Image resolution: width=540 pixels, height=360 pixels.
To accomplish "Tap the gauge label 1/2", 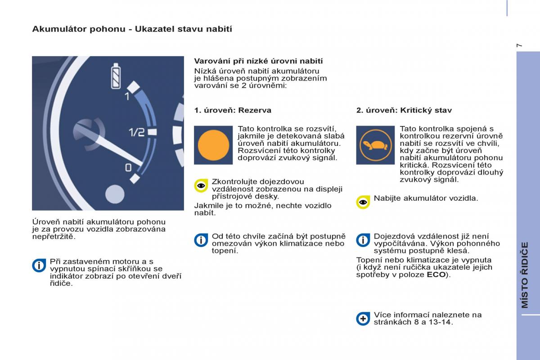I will tap(137, 132).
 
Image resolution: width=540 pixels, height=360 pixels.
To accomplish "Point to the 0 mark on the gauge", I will tap(128, 168).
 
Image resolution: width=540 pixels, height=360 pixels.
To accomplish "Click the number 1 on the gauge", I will tap(127, 97).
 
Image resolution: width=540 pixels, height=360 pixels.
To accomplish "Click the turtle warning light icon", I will tap(374, 145).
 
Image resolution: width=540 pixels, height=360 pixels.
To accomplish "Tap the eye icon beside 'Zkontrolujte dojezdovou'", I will tap(201, 185).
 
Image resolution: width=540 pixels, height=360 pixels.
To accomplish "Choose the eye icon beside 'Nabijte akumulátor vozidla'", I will tap(363, 202).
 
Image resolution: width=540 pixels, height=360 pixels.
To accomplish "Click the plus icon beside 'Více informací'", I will tap(363, 319).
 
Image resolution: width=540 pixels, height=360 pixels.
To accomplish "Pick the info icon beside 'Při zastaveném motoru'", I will tap(39, 265).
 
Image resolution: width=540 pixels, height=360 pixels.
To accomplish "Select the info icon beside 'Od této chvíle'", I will tap(201, 240).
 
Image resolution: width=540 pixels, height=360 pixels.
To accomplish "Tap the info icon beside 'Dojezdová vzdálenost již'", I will tap(363, 240).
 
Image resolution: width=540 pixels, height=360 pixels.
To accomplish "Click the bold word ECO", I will tap(436, 274).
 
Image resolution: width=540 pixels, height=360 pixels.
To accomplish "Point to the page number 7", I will tap(520, 45).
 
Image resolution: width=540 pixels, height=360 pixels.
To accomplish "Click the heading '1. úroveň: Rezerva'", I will tap(233, 110).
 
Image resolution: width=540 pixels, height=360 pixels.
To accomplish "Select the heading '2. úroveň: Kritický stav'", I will tap(404, 110).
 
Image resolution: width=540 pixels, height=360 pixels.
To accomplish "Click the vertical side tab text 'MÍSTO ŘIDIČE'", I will tap(525, 274).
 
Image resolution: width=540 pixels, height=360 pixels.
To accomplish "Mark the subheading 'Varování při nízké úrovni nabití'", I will tap(258, 61).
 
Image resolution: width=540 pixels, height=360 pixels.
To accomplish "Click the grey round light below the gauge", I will tap(114, 193).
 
